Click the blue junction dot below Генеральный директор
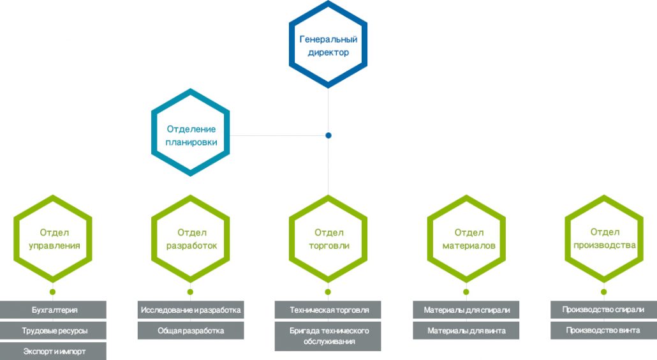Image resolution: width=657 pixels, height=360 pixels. pyautogui.click(x=328, y=135)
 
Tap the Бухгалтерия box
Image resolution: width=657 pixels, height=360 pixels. pyautogui.click(x=53, y=310)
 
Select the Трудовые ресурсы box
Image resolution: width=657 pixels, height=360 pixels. pyautogui.click(x=53, y=330)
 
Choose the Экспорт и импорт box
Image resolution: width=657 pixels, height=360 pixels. pyautogui.click(x=53, y=351)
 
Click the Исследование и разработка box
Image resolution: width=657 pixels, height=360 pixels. pyautogui.click(x=191, y=310)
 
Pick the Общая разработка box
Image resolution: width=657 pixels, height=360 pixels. pyautogui.click(x=191, y=330)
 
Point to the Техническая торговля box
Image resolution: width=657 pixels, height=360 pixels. pyautogui.click(x=328, y=310)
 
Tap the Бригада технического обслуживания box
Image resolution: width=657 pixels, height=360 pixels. pyautogui.click(x=328, y=336)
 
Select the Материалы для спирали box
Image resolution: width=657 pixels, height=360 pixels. pyautogui.click(x=466, y=310)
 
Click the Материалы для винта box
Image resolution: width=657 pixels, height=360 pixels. pyautogui.click(x=466, y=330)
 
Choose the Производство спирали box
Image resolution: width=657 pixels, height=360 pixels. pyautogui.click(x=604, y=310)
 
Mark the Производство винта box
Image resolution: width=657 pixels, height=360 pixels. pyautogui.click(x=604, y=330)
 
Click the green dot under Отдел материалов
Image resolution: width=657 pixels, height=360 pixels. pyautogui.click(x=466, y=292)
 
